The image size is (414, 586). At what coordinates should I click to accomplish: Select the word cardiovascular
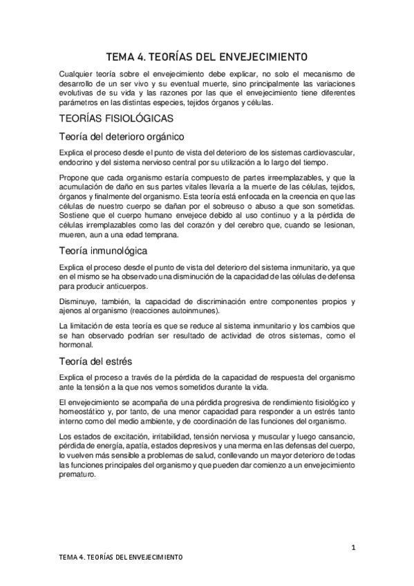[327, 152]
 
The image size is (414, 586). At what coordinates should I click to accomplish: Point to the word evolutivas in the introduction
[79, 95]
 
